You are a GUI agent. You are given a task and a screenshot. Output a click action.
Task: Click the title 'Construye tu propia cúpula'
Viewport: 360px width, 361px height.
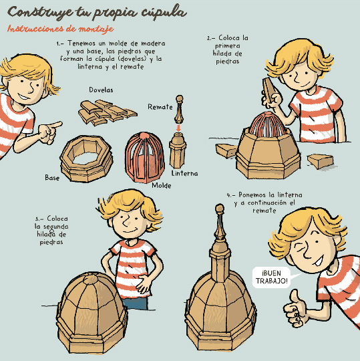pos(97,13)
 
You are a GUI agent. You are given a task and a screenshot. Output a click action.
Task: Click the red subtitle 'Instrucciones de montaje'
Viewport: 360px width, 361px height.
pos(60,29)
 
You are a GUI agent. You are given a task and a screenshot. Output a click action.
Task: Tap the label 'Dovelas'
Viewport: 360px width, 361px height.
pos(101,90)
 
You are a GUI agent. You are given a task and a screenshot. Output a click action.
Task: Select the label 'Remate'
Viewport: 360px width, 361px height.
pos(160,107)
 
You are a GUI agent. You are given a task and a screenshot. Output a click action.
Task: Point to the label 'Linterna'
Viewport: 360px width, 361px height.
pos(184,173)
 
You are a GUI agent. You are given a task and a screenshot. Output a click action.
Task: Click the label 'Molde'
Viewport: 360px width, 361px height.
pos(162,186)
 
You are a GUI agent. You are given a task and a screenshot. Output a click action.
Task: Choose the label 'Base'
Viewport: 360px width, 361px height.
pos(52,178)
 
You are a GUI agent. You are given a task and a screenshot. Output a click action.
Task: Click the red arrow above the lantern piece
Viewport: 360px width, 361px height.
pos(178,128)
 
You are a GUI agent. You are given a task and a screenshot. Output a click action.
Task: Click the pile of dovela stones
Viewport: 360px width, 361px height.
pos(106,112)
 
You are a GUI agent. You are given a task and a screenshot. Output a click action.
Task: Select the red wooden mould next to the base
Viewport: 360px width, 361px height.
pos(144,158)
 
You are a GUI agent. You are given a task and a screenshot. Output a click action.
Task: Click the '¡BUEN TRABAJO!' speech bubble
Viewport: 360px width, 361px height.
pos(271,277)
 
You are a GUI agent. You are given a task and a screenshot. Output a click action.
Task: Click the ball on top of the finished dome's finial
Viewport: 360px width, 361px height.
pos(220,209)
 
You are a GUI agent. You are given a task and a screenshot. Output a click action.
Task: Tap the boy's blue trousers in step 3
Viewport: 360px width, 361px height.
pos(135,304)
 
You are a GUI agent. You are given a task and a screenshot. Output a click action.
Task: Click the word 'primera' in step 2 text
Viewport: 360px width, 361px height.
pos(228,46)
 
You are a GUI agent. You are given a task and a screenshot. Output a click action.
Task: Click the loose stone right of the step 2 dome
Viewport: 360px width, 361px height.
pos(321,161)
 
